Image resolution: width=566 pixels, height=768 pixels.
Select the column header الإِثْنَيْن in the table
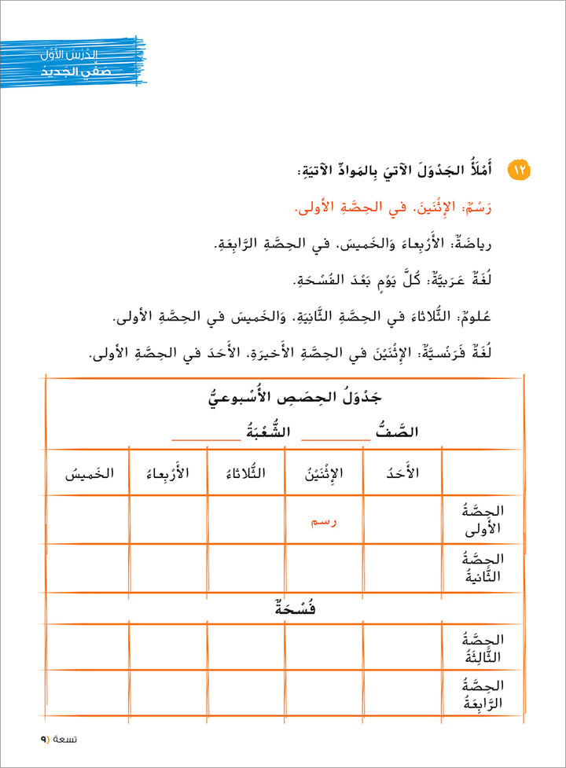324,473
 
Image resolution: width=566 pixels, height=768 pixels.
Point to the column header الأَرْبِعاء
167,473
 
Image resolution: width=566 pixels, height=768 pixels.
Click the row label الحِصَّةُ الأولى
481,519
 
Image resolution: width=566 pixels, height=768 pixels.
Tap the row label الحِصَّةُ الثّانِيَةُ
481,568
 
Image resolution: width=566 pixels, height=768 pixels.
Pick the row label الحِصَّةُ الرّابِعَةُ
481,695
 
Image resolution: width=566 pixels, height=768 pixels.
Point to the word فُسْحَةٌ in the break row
284,608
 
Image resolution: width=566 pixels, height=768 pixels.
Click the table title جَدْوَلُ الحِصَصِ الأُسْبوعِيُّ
284,398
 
